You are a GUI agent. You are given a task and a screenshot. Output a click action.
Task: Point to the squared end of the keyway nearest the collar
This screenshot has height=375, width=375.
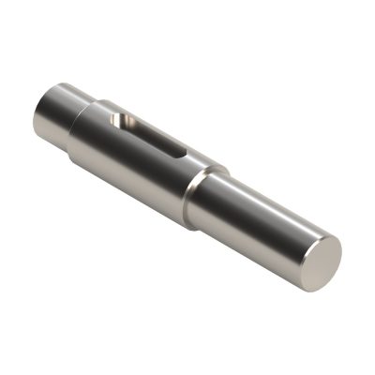click(x=185, y=154)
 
